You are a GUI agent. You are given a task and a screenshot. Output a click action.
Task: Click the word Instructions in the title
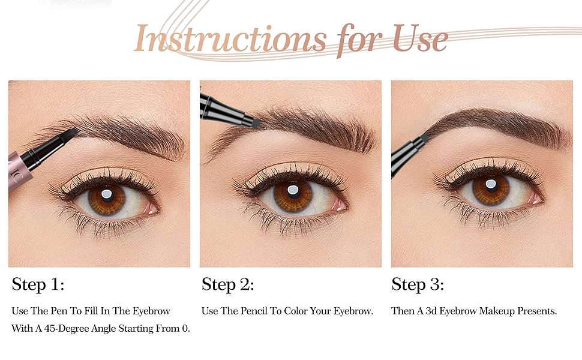(x=230, y=38)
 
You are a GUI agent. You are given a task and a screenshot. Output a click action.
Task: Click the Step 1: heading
(x=37, y=284)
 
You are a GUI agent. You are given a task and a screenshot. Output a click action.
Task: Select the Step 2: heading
(x=228, y=284)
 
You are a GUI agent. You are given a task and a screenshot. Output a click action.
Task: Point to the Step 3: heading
(x=418, y=284)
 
